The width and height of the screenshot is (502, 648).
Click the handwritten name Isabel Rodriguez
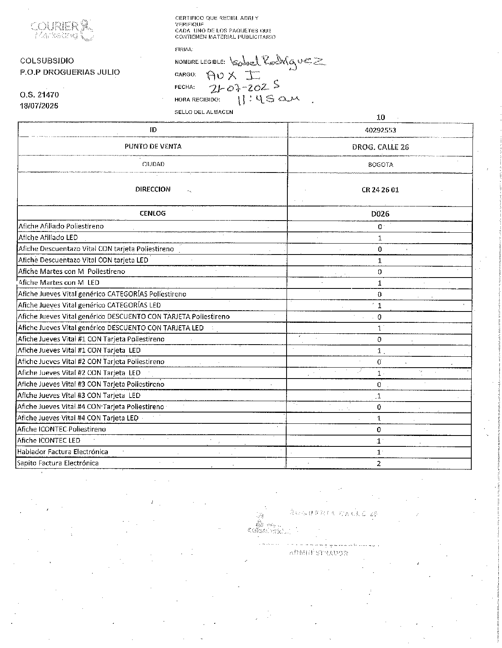[x=277, y=61]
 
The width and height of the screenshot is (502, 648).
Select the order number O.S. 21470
[x=39, y=95]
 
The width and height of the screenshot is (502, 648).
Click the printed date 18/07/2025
[x=39, y=106]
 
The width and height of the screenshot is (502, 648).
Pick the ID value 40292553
[x=380, y=130]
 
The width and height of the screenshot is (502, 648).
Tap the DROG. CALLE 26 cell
[x=380, y=147]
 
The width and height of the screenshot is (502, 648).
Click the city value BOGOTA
[x=380, y=165]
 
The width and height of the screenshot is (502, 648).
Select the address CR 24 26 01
[x=380, y=190]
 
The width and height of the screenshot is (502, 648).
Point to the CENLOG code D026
[x=380, y=214]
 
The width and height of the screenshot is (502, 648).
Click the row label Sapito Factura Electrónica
[x=58, y=463]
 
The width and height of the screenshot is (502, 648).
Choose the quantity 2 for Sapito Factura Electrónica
[x=379, y=463]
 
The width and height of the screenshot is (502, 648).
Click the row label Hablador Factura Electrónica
[x=63, y=452]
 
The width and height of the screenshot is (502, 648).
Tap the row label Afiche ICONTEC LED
[x=49, y=440]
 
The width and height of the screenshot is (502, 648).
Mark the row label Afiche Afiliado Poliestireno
[x=61, y=226]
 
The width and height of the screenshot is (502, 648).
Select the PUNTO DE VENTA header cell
[x=153, y=146]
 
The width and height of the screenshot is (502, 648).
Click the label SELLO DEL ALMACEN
[x=204, y=112]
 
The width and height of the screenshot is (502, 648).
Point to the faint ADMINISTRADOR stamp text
[x=318, y=553]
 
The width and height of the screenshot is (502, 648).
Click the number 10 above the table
[x=380, y=118]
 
